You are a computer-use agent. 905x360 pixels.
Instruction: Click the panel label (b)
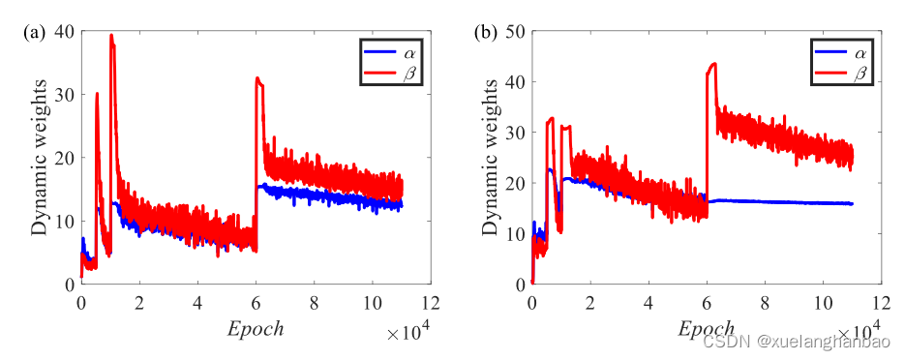coord(485,32)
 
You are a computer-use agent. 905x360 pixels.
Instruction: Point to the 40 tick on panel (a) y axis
coord(64,32)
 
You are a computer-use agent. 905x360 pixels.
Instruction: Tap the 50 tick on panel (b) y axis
coord(515,32)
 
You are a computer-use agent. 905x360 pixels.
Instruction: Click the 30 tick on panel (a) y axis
coord(64,95)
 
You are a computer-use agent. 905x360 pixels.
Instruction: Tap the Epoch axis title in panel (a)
coord(255,328)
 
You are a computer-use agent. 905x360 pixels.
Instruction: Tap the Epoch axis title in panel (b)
coord(706,328)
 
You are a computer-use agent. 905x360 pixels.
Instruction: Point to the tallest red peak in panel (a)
coord(111,36)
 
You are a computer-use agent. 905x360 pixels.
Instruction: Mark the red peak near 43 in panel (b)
coord(713,65)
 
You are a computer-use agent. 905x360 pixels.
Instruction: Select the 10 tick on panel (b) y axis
coord(515,233)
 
